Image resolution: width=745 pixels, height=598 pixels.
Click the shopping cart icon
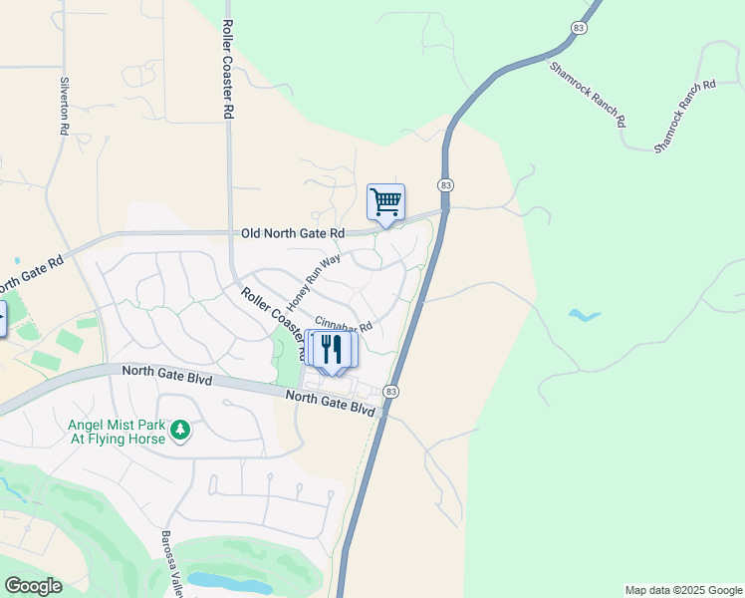click(x=385, y=202)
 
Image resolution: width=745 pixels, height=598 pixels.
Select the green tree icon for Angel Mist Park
click(x=179, y=431)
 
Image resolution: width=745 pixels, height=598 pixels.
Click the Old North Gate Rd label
click(x=293, y=233)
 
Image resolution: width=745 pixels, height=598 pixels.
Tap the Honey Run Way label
click(x=314, y=281)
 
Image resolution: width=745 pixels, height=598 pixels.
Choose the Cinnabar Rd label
click(x=344, y=325)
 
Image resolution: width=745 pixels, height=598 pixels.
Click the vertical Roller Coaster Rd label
click(x=228, y=70)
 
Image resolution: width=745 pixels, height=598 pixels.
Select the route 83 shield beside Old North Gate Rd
click(x=445, y=185)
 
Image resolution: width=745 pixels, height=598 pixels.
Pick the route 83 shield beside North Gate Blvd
click(x=391, y=392)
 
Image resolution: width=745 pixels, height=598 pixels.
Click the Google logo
click(x=33, y=586)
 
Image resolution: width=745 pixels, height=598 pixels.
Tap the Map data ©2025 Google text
click(x=683, y=590)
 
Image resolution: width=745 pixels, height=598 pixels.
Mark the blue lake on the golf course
click(x=228, y=581)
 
